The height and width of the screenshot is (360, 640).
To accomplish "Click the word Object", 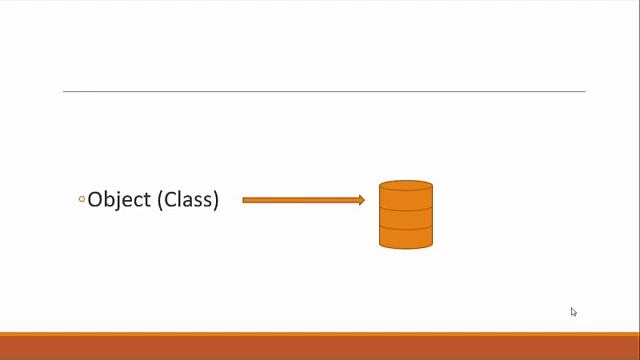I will (x=119, y=199).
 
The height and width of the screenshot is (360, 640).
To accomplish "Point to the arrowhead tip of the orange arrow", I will (x=364, y=200).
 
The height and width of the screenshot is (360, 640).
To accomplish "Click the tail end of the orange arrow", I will (x=245, y=200).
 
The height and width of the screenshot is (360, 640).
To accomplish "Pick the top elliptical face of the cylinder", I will (x=406, y=186).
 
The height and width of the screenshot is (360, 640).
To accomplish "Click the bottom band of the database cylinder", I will (x=406, y=235).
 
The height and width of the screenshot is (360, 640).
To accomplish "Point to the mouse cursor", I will (x=573, y=311).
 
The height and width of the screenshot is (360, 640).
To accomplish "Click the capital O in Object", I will (x=96, y=199).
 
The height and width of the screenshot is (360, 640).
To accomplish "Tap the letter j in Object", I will (x=119, y=200).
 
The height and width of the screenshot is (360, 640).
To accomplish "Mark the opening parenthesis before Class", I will (x=160, y=199).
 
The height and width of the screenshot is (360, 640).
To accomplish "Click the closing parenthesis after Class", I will (x=215, y=199).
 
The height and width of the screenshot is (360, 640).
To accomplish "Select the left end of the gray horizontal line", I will (x=64, y=92).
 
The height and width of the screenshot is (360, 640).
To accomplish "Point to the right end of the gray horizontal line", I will (x=584, y=92).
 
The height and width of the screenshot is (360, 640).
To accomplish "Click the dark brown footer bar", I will (x=320, y=348).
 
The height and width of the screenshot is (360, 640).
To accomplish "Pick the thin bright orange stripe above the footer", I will (x=320, y=333).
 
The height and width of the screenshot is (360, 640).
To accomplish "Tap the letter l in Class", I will (x=180, y=199).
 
